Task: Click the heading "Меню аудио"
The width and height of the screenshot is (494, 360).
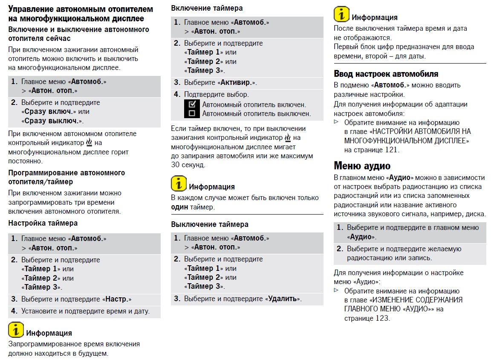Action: (x=362, y=165)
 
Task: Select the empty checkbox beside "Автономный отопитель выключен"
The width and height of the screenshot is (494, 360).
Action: (x=192, y=113)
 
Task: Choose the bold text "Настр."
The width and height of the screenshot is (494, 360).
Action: (x=118, y=299)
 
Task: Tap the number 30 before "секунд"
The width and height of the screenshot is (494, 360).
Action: (x=175, y=165)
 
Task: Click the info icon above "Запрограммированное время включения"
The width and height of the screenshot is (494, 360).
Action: (x=16, y=331)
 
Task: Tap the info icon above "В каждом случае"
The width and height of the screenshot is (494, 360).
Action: (x=179, y=183)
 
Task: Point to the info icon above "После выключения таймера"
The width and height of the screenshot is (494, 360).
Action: (x=341, y=15)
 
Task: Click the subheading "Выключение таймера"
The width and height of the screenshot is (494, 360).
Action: (x=210, y=224)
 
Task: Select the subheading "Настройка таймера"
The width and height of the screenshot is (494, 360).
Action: (x=43, y=223)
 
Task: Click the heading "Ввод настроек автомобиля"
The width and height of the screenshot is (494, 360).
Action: (x=386, y=74)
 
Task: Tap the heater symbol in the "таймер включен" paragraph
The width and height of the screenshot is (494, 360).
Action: (x=288, y=138)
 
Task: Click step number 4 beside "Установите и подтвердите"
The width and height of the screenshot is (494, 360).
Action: (x=14, y=311)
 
